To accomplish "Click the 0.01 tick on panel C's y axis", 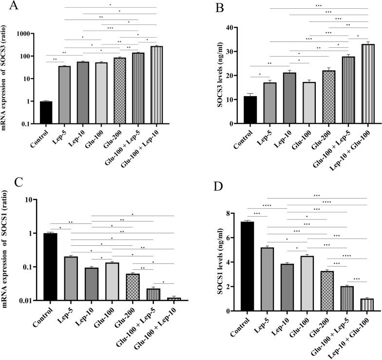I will (x=30, y=300).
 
